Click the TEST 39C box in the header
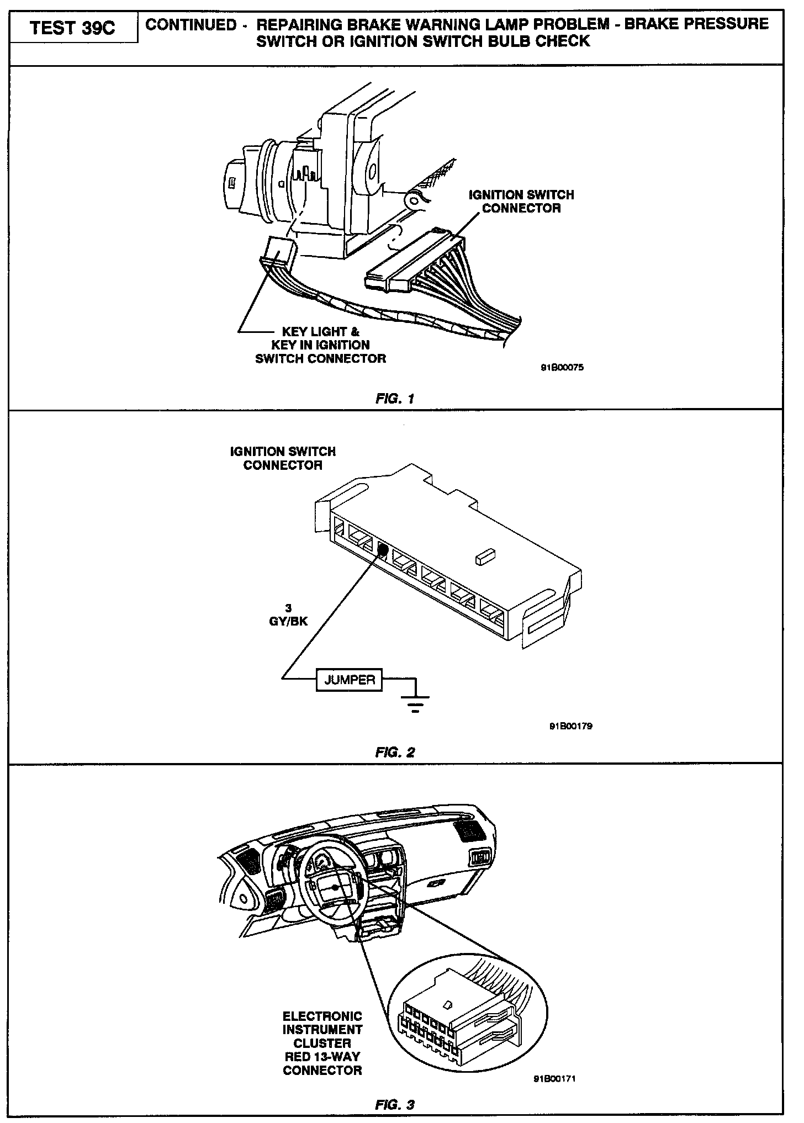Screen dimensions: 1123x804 click(73, 28)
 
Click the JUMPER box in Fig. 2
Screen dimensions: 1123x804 click(349, 680)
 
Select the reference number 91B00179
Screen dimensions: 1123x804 click(570, 727)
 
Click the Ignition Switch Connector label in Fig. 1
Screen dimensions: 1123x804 click(521, 202)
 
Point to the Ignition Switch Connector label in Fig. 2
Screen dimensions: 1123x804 click(283, 458)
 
